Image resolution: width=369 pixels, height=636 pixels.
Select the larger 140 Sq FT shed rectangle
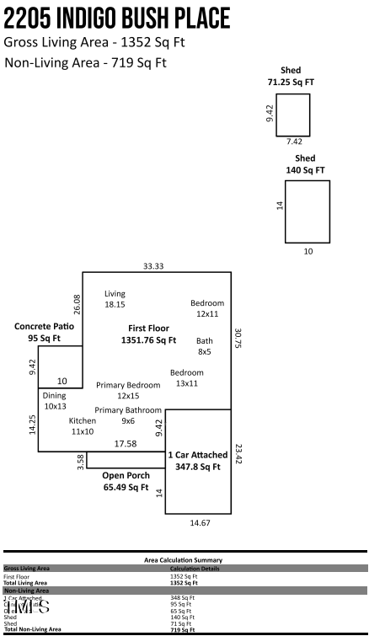[x=307, y=211]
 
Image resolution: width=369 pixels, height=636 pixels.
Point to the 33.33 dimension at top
[x=153, y=266]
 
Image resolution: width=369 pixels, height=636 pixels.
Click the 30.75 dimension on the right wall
[x=238, y=339]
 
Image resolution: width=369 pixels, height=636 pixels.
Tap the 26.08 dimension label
[x=77, y=304]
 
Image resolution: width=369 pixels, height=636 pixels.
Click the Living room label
[x=115, y=298]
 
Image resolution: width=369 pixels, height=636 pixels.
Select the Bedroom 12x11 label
[x=207, y=308]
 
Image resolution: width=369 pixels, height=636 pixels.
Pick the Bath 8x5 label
[x=205, y=346]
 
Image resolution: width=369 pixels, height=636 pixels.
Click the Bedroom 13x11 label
[x=186, y=377]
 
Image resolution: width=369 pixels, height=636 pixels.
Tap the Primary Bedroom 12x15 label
[x=117, y=390]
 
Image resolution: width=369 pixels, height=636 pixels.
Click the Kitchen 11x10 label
[x=83, y=425]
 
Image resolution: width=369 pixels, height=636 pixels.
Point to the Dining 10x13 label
[x=55, y=400]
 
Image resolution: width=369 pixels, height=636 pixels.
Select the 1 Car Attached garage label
[x=198, y=460]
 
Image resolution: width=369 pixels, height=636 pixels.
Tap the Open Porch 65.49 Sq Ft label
[x=126, y=481]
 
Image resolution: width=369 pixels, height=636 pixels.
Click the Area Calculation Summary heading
[x=184, y=559]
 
